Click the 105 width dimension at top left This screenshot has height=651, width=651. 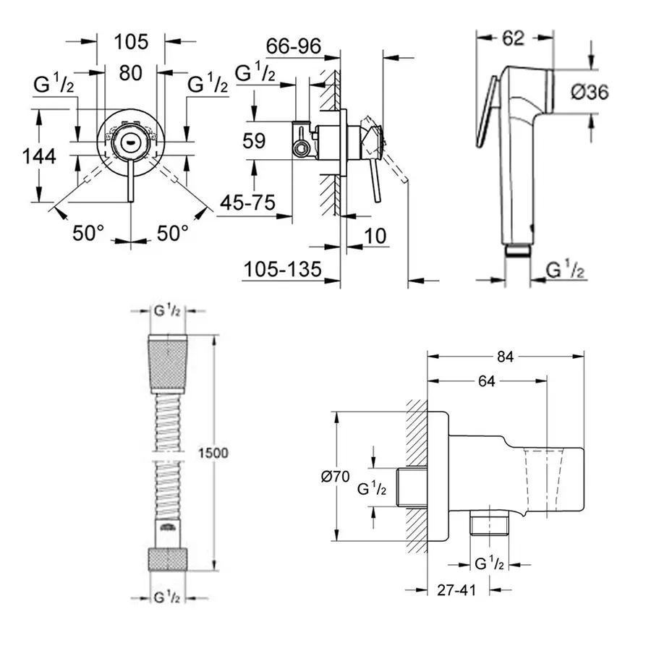tap(131, 41)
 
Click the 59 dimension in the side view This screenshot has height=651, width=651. tap(254, 140)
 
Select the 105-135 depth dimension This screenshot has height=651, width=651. tap(282, 270)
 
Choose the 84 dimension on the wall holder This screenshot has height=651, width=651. tap(505, 356)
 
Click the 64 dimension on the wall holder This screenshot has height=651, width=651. tap(486, 381)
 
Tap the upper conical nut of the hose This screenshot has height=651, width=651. tap(167, 365)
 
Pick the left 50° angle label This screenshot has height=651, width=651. tap(88, 233)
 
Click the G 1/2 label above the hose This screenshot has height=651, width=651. tap(167, 312)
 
